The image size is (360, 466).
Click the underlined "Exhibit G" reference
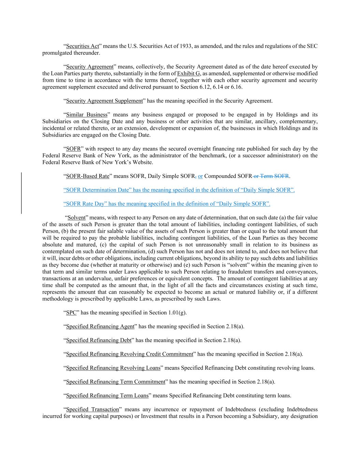(x=188, y=73)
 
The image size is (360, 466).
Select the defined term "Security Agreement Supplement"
(x=104, y=101)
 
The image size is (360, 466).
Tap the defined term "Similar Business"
(x=86, y=115)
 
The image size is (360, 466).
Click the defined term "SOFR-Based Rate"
(x=87, y=176)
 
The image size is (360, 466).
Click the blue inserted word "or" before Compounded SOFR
(x=200, y=176)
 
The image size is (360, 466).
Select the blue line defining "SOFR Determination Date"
(x=179, y=190)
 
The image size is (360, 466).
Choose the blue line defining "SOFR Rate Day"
(x=167, y=204)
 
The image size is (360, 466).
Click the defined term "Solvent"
(x=76, y=217)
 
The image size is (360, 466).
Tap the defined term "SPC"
(x=71, y=313)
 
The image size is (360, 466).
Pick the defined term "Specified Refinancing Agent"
(x=100, y=327)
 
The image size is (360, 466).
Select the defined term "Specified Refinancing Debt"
(x=99, y=340)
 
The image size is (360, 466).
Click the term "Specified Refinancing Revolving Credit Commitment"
(x=129, y=354)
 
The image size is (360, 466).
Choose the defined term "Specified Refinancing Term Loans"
(x=107, y=396)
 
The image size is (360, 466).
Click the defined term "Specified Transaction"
(x=92, y=409)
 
